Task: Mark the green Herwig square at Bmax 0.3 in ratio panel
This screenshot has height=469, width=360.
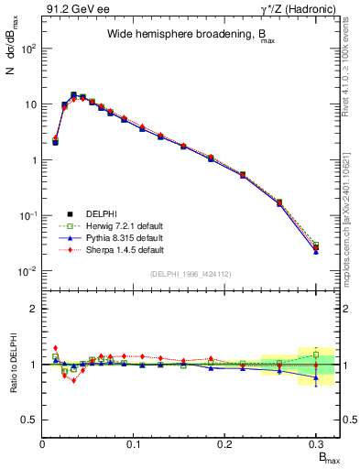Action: click(316, 354)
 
